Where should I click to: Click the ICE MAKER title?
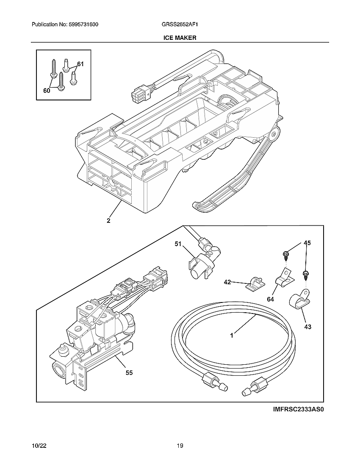[x=180, y=38]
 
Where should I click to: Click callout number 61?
[x=80, y=64]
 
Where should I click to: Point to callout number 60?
[x=47, y=90]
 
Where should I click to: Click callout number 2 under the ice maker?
[x=108, y=220]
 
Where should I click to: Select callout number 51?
[x=178, y=244]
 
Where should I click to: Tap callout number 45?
[x=307, y=243]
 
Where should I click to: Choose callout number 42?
[x=227, y=282]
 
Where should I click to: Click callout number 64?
[x=271, y=299]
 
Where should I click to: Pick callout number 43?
[x=307, y=327]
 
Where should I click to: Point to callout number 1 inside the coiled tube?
[x=232, y=335]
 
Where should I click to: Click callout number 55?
[x=129, y=373]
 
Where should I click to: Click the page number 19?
[x=180, y=446]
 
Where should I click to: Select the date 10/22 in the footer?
[x=39, y=446]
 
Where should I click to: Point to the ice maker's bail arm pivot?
[x=275, y=135]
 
